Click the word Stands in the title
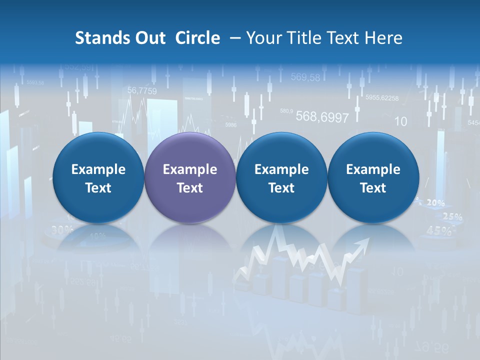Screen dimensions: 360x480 click(x=103, y=38)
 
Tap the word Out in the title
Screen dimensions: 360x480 click(x=151, y=38)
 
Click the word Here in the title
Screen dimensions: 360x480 click(x=383, y=38)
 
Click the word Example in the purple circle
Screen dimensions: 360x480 click(x=189, y=169)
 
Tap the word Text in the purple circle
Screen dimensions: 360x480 click(x=189, y=188)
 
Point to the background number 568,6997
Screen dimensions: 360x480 click(x=322, y=117)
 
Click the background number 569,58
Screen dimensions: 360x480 click(x=305, y=77)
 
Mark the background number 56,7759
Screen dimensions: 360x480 click(x=142, y=90)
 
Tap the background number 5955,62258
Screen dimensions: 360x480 click(x=382, y=98)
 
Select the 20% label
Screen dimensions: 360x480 click(x=435, y=202)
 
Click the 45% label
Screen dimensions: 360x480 click(x=438, y=231)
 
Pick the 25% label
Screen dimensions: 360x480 click(x=452, y=217)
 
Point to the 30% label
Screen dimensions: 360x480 click(x=62, y=230)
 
